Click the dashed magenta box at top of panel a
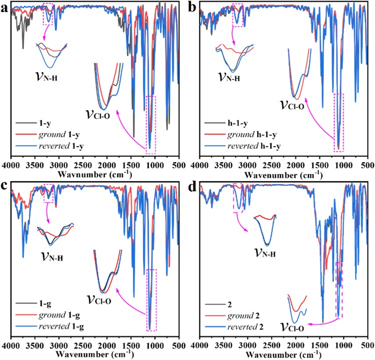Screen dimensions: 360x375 tap(49, 14)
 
